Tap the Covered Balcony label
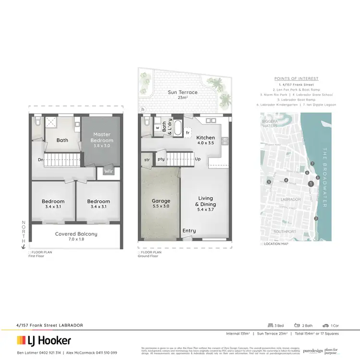[76, 234]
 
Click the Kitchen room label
[205, 141]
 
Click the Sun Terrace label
[179, 95]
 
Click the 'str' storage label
[147, 159]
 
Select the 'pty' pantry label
[162, 159]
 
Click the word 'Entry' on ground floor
[189, 231]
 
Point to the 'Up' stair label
[197, 159]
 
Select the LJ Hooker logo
[44, 341]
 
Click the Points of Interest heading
[296, 79]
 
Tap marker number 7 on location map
[312, 164]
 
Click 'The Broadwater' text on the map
[325, 178]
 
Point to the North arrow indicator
[22, 235]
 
